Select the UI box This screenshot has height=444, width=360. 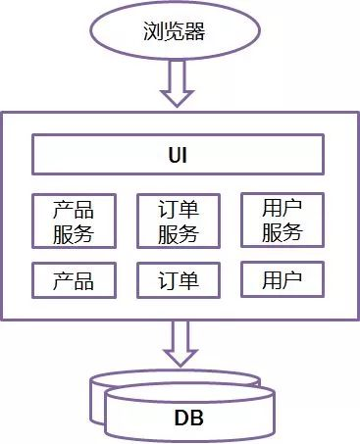pyautogui.click(x=178, y=155)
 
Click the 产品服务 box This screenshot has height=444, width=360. pyautogui.click(x=73, y=221)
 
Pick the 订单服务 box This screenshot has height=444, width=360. pyautogui.click(x=178, y=221)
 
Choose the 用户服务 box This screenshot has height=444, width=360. pyautogui.click(x=283, y=221)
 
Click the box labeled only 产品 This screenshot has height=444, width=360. pyautogui.click(x=73, y=281)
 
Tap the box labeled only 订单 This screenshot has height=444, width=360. pyautogui.click(x=178, y=281)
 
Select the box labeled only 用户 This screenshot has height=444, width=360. pyautogui.click(x=283, y=281)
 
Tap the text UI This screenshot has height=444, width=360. pyautogui.click(x=178, y=155)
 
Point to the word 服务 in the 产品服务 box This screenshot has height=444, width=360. pyautogui.click(x=73, y=233)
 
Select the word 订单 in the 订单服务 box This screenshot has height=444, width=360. pyautogui.click(x=178, y=210)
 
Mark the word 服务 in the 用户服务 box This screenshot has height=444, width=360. pyautogui.click(x=283, y=233)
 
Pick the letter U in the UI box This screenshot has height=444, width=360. pyautogui.click(x=173, y=155)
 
